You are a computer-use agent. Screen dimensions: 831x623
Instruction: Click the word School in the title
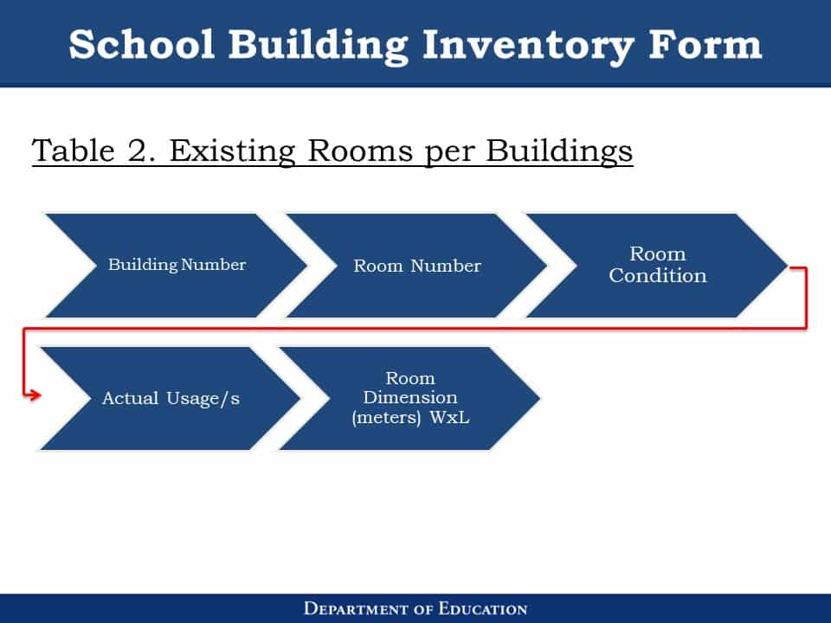(x=141, y=44)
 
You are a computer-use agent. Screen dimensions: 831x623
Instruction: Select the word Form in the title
(x=705, y=44)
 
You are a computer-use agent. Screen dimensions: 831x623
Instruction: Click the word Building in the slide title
(x=318, y=47)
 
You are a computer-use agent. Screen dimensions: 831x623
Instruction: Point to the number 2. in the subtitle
(x=141, y=151)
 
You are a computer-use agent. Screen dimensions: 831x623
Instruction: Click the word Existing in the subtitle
(x=232, y=152)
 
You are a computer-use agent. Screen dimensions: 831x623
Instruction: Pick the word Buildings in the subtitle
(x=559, y=152)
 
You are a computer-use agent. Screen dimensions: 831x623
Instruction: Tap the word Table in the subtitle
(x=73, y=151)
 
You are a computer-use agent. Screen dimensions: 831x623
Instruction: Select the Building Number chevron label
(x=177, y=265)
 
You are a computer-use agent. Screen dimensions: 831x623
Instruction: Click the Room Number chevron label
(x=417, y=266)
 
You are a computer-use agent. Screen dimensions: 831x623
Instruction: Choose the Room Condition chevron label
(x=658, y=265)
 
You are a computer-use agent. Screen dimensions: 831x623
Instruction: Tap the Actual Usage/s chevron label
(x=171, y=398)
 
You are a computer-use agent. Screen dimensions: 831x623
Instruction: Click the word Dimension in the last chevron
(x=410, y=397)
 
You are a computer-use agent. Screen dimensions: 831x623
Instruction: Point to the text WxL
(x=449, y=417)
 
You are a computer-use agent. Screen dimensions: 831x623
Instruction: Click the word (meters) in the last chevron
(x=386, y=417)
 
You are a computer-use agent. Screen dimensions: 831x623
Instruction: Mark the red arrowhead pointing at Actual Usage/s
(x=35, y=395)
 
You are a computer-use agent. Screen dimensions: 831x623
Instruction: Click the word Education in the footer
(x=483, y=608)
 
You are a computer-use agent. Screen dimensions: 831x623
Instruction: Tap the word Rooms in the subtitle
(x=360, y=151)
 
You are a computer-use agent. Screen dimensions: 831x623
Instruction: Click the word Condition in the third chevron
(x=658, y=275)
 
